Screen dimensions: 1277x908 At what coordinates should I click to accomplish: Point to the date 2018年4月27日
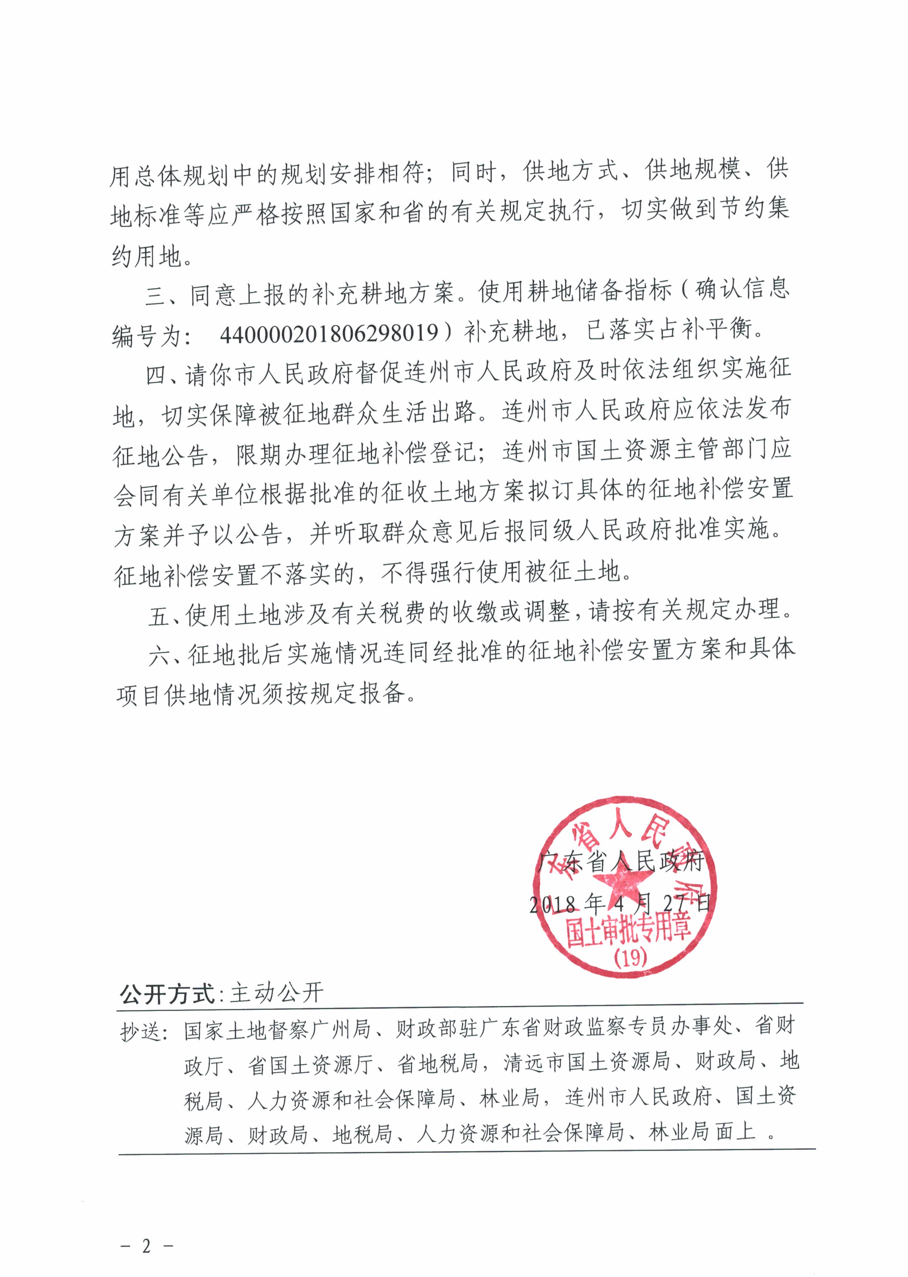[x=619, y=903]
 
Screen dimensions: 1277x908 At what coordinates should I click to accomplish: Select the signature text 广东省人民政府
[x=619, y=862]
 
